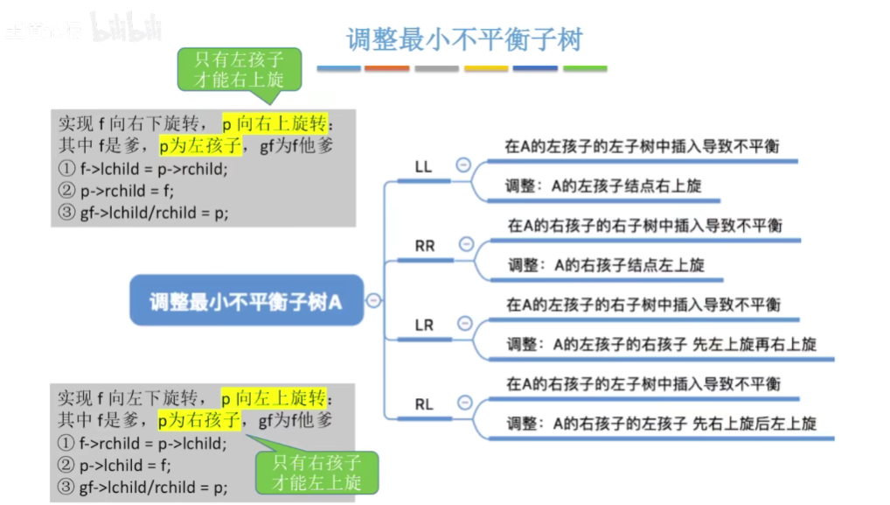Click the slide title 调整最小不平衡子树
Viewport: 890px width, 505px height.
coord(464,39)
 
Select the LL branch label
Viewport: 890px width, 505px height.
coord(423,166)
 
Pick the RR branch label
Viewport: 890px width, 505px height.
coord(424,246)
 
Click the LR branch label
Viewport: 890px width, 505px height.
coord(424,325)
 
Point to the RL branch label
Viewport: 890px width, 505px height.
coord(424,404)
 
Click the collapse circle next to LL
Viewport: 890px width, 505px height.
coord(463,165)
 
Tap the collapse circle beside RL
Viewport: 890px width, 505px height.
coord(464,403)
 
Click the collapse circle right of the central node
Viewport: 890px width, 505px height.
coord(373,300)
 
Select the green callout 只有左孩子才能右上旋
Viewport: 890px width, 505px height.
coord(239,69)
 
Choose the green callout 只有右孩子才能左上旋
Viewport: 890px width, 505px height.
coord(316,472)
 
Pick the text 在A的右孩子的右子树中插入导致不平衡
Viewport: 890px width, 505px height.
coord(644,226)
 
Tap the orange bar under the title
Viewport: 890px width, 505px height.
coord(386,68)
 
